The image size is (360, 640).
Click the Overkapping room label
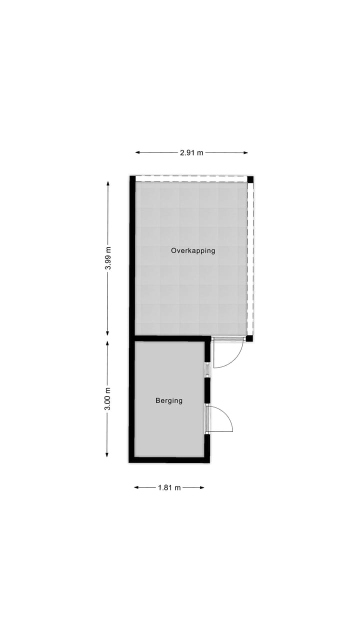point(193,250)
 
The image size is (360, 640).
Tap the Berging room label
point(169,400)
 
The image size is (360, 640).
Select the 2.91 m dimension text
point(191,153)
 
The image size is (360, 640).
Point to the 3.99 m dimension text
point(108,259)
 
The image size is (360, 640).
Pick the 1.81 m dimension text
point(169,488)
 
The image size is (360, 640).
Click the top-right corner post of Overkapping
point(250,179)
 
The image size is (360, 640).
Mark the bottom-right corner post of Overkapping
point(249,338)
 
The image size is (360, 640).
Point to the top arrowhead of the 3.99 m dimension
point(108,183)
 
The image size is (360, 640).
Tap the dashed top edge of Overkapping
point(192,176)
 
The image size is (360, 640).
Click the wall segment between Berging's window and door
point(207,390)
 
